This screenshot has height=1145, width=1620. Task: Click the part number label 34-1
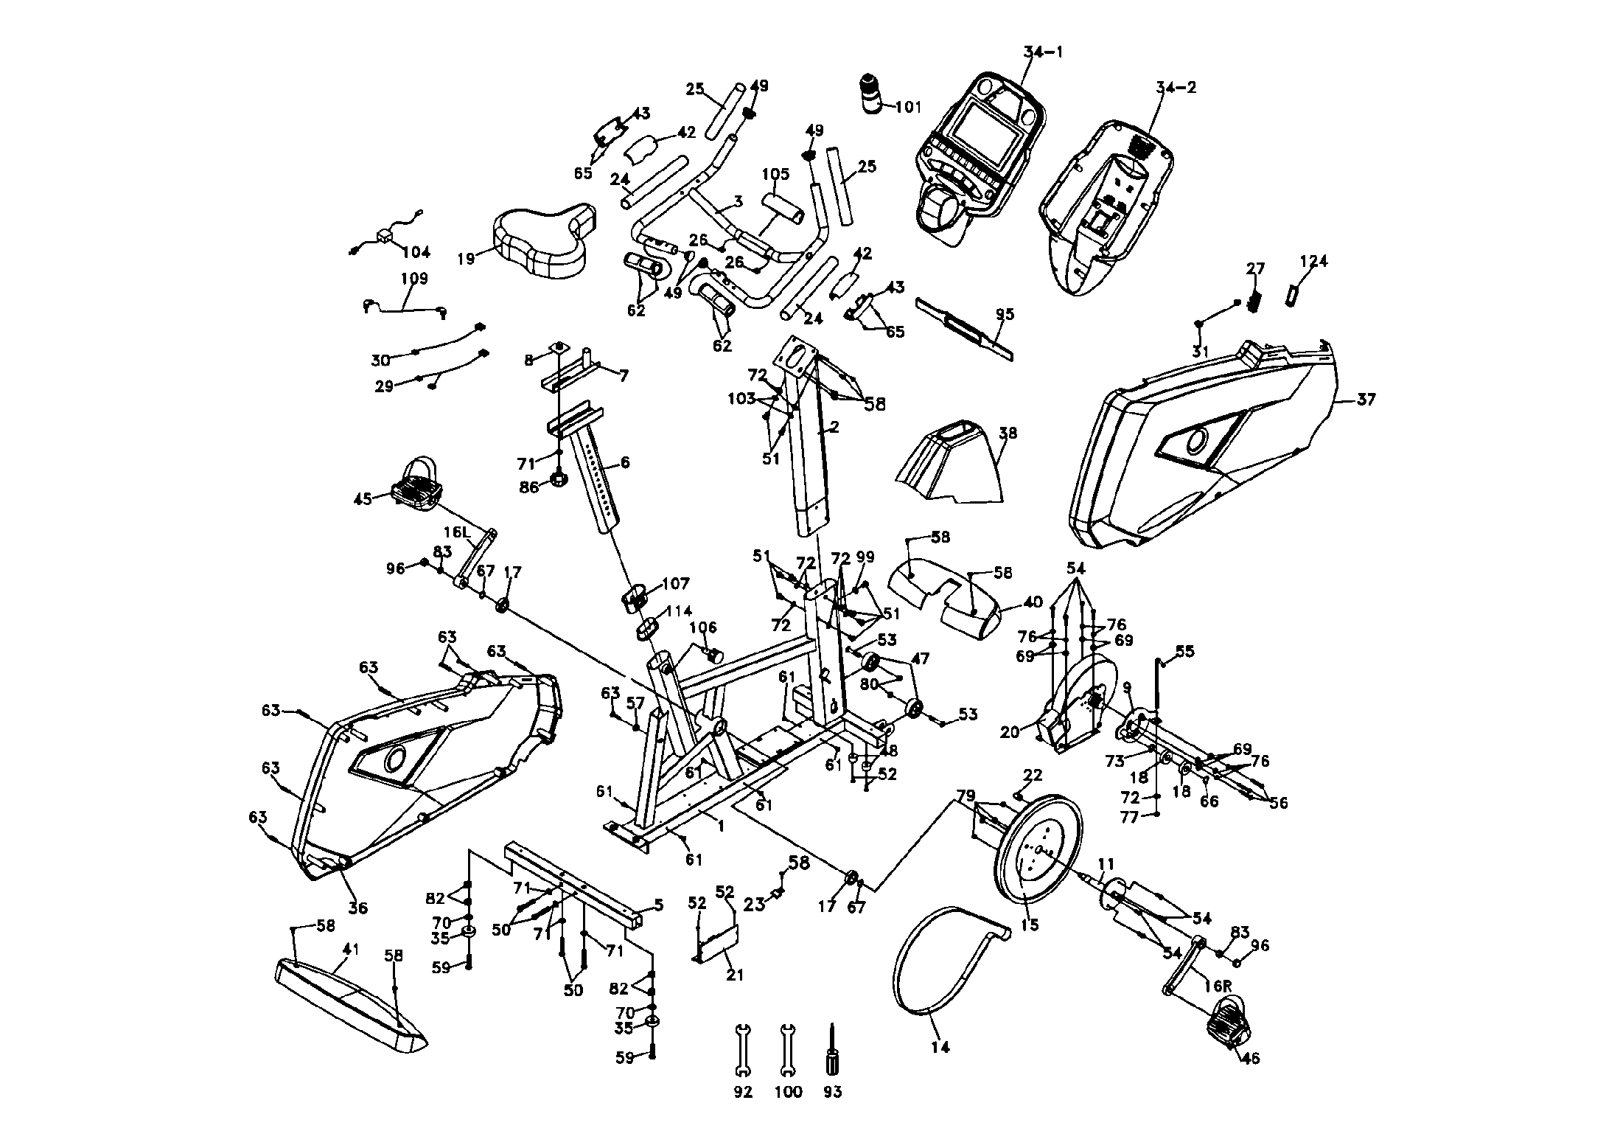[x=1044, y=52]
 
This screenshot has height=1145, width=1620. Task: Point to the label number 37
[x=1366, y=400]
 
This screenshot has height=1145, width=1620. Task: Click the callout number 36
[x=357, y=908]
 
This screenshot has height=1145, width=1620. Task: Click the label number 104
[x=416, y=252]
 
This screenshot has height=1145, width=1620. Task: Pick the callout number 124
[x=1313, y=262]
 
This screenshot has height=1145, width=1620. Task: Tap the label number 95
[x=1005, y=315]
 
